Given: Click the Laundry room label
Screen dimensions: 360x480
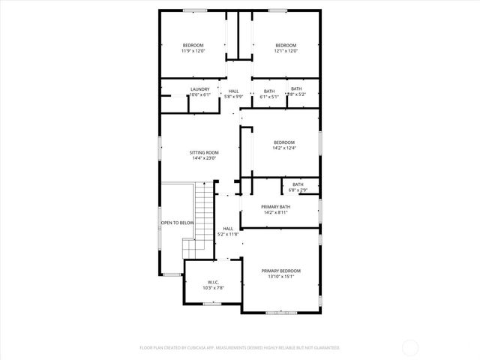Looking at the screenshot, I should coord(199,89).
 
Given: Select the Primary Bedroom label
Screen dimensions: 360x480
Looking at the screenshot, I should coord(280,271).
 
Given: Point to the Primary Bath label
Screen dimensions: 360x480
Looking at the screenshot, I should coord(275,206).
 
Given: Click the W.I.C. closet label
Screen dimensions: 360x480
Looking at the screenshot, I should coord(214,283).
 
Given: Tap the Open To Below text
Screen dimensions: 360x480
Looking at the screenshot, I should coord(177,223).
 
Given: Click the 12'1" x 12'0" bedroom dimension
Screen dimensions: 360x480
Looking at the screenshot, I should coord(286,51).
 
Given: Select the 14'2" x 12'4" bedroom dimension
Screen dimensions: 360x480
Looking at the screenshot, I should coord(283,148).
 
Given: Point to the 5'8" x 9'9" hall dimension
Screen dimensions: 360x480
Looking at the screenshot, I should coord(234,96).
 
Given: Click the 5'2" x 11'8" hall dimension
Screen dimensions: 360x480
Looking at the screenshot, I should coord(228,235).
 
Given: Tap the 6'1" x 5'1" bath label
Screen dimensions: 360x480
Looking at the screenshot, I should coord(269,96).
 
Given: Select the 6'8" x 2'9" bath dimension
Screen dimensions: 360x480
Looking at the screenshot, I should coord(298,190).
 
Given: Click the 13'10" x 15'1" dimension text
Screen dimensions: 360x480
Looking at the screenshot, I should coord(280,277).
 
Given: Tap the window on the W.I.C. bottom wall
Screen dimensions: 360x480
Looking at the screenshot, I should coord(212,303).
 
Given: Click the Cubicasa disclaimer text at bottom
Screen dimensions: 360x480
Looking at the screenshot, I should coord(239,348).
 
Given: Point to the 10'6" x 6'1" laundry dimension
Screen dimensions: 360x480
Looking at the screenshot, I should coord(199,95).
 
